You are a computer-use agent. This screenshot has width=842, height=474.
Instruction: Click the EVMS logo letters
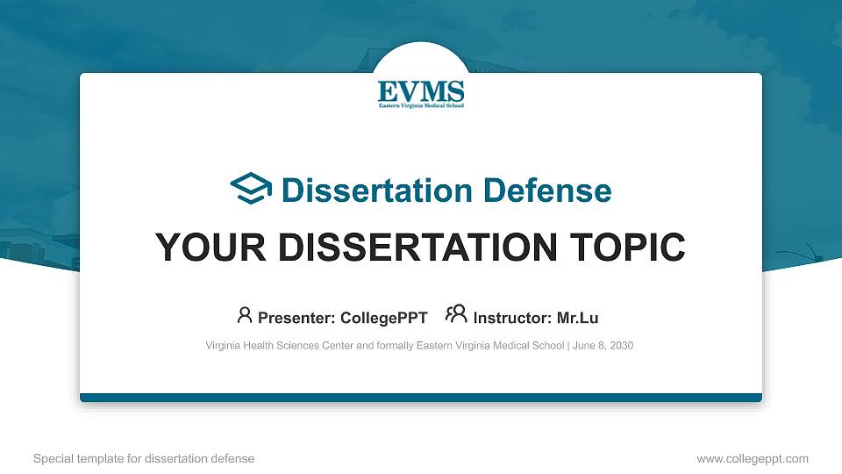point(421,90)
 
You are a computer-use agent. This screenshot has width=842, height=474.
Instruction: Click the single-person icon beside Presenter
point(245,315)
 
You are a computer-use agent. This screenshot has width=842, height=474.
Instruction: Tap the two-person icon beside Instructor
point(457,315)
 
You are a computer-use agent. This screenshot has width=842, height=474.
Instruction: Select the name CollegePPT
point(383,317)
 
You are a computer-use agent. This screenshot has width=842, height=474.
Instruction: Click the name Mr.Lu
point(578,317)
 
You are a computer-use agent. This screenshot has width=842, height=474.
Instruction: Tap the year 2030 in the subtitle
point(621,346)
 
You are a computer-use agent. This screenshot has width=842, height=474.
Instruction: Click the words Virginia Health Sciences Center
point(277,346)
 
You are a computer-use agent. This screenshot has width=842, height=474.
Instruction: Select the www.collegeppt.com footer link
point(753,458)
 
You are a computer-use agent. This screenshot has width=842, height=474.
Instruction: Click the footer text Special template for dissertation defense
point(144,458)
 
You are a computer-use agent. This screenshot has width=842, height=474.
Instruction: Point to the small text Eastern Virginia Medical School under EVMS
point(421,105)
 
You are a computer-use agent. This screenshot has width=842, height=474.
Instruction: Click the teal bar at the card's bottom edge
point(421,398)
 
